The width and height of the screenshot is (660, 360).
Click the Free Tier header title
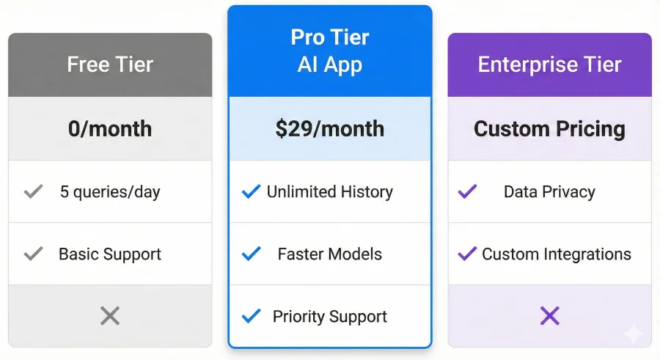[110, 65]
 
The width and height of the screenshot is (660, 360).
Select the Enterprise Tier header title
[549, 65]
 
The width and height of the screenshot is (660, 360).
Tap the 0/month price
[110, 129]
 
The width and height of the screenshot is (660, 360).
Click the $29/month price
[329, 129]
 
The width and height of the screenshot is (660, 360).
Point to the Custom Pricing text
[549, 129]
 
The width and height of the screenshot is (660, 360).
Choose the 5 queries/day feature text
[110, 192]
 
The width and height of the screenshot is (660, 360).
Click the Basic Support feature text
[110, 254]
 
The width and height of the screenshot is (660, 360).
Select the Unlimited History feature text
[330, 192]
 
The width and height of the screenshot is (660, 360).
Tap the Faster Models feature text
[330, 254]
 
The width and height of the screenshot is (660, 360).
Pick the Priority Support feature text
[330, 317]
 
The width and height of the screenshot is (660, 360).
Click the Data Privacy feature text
[549, 192]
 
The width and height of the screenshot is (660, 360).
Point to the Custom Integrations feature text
[557, 254]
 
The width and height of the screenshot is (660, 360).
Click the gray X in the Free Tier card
[110, 316]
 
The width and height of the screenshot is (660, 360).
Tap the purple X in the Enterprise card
[549, 316]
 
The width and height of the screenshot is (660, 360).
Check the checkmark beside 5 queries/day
[33, 192]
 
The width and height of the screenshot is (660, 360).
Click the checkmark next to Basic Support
[33, 254]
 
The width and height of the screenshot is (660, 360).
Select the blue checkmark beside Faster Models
[252, 254]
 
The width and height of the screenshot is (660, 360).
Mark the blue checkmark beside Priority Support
[252, 317]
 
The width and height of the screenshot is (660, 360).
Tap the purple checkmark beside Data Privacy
[467, 192]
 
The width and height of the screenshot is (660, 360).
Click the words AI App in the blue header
[330, 65]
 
